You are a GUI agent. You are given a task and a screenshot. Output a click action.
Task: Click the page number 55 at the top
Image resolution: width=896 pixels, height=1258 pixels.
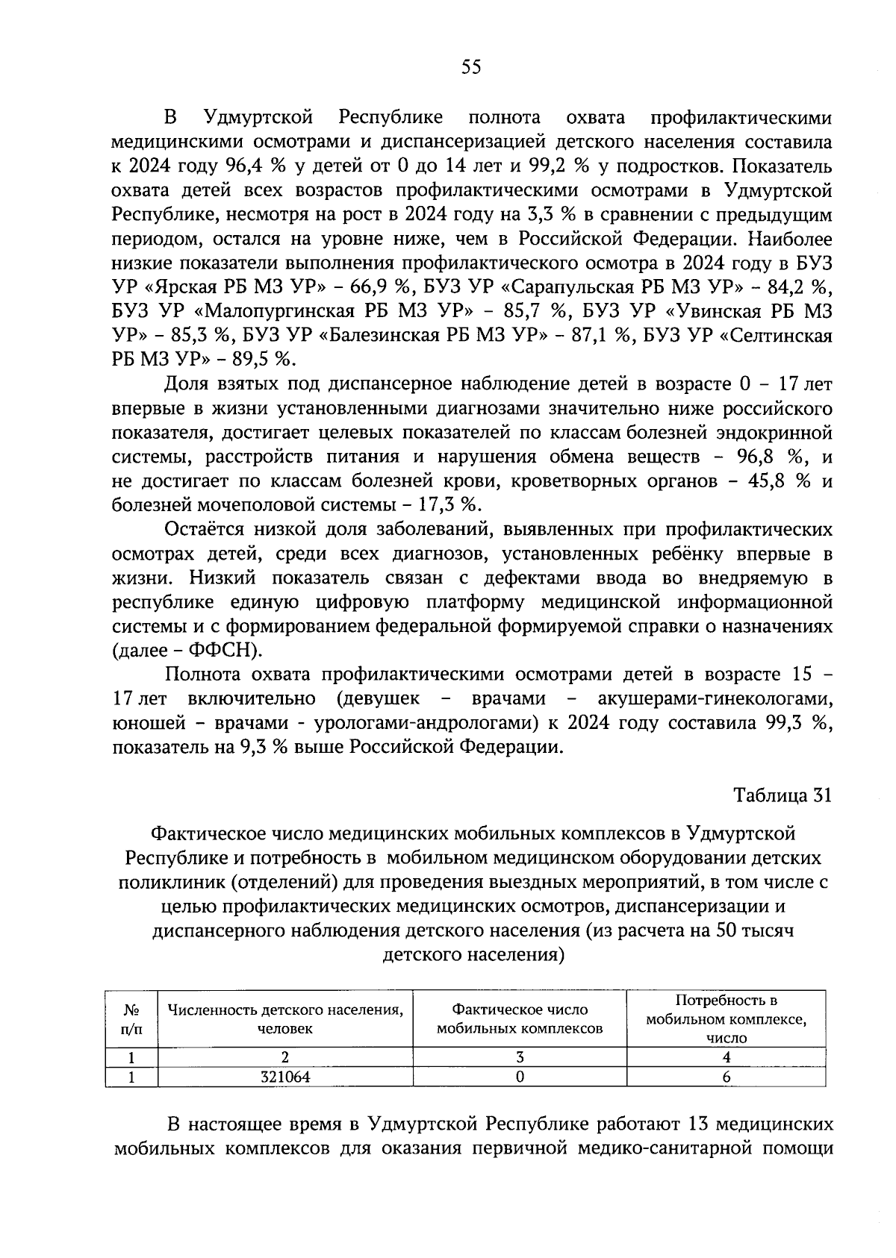[471, 67]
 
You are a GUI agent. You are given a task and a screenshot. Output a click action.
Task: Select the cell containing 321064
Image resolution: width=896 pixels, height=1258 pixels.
[284, 1077]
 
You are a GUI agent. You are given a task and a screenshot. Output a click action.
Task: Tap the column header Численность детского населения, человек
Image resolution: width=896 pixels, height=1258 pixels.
[284, 1018]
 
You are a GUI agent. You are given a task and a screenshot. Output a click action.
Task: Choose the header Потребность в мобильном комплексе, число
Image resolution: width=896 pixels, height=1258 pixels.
[726, 1018]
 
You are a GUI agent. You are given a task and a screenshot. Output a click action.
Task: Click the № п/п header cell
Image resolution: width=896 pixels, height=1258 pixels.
[131, 1018]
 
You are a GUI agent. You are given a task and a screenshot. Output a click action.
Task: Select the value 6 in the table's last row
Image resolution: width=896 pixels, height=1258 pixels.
[726, 1077]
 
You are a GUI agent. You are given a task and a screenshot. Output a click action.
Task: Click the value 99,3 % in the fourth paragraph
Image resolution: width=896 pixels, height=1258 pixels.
[800, 722]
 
